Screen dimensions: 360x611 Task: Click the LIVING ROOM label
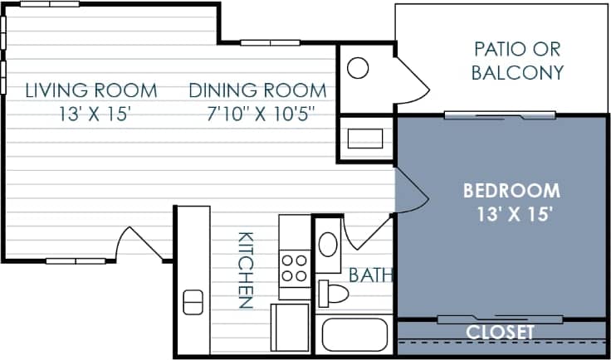pos(90,90)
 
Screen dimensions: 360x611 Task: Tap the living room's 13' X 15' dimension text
pos(90,112)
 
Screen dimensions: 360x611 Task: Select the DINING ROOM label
pos(257,90)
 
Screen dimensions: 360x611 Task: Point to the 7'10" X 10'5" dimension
pos(257,112)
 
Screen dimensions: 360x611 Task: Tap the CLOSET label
pos(500,332)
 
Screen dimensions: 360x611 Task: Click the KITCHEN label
pos(246,270)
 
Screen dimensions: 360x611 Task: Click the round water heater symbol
pos(357,67)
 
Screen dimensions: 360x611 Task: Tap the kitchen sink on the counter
pos(192,302)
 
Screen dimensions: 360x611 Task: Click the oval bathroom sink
pos(329,245)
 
